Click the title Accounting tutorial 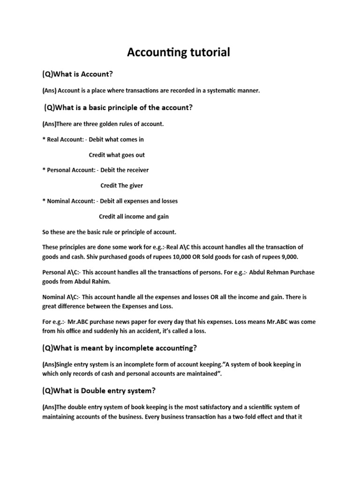(179, 52)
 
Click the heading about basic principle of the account (118, 107)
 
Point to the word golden (101, 124)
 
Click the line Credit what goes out (120, 155)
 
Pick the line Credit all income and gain (134, 217)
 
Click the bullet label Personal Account (68, 170)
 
